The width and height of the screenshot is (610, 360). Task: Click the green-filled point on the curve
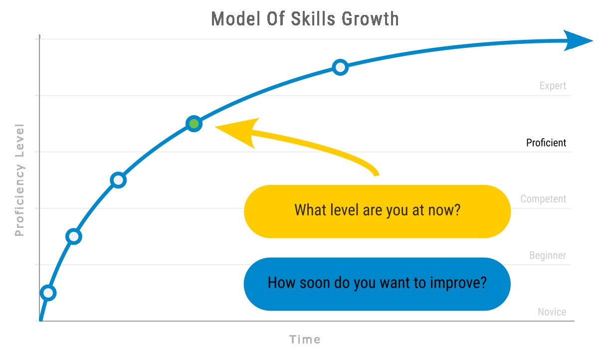coord(194,124)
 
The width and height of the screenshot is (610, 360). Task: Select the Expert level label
coord(553,86)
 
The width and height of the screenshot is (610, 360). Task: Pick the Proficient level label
coord(546,143)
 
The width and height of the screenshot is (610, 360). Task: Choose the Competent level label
coord(543,199)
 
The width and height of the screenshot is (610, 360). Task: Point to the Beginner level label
coord(548,255)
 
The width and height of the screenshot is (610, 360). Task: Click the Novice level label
coord(552,312)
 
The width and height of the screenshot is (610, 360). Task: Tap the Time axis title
coord(305,340)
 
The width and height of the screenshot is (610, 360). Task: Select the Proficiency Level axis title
coord(19,180)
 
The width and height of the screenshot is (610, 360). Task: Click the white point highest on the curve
coord(340,67)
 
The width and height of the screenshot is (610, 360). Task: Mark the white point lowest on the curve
coord(48,293)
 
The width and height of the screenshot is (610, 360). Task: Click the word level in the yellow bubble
coord(344,210)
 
